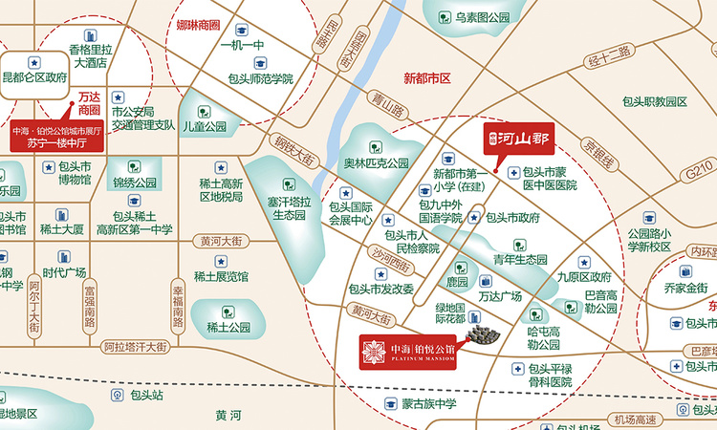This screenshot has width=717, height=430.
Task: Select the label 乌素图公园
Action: [x=483, y=17]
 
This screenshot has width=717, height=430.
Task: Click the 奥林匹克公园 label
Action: [x=376, y=163]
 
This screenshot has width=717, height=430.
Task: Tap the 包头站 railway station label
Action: [x=147, y=394]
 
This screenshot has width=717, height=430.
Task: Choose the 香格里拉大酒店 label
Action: [x=96, y=55]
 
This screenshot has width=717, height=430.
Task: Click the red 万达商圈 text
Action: [x=89, y=103]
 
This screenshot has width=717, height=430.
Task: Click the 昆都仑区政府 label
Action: [x=35, y=78]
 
